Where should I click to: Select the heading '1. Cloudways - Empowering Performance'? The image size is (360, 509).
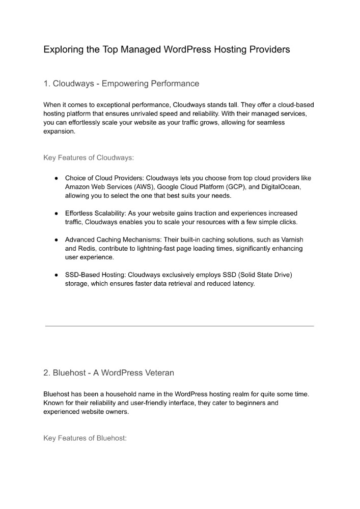point(121,83)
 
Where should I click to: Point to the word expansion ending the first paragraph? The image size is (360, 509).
point(59,131)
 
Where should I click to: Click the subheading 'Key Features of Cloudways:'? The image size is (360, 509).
point(89,157)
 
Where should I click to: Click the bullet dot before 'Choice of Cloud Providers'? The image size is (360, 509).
point(56,178)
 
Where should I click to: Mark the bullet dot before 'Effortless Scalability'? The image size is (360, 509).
point(56,213)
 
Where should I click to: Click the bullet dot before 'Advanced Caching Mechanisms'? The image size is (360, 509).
point(56,239)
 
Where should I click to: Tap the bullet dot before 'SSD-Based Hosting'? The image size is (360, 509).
point(56,275)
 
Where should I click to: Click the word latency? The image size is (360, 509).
point(241,283)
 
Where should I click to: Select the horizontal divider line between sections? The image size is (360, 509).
point(179,326)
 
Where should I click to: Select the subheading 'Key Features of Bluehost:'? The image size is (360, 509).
point(85,438)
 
